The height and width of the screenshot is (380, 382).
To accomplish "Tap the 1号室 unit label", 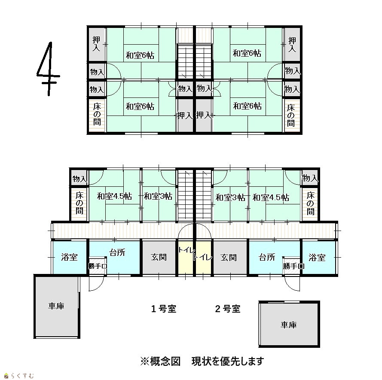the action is [x=163, y=309].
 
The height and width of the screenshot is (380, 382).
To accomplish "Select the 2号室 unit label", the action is [x=228, y=309].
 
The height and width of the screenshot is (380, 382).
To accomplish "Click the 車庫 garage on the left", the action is [x=57, y=306].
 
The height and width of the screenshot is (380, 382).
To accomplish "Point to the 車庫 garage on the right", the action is [x=289, y=324].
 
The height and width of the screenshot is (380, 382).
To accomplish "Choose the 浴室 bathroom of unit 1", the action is [x=70, y=257].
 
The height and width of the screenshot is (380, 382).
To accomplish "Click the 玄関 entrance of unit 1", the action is [x=159, y=257].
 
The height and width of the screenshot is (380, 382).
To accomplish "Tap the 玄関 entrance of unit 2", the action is [x=229, y=257].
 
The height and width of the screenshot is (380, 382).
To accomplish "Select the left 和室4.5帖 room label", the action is [x=114, y=196].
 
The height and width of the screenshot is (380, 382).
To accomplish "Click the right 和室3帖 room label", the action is [x=230, y=198].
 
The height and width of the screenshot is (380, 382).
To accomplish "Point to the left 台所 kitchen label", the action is [x=117, y=252].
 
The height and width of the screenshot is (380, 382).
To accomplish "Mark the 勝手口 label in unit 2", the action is [x=293, y=266].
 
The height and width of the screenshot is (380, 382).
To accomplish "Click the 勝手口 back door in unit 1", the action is [x=98, y=266].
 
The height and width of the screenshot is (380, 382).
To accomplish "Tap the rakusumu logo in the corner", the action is [x=19, y=376].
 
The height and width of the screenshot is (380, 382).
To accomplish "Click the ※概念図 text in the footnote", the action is [x=160, y=361].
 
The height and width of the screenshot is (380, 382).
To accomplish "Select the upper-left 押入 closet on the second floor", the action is [x=97, y=44].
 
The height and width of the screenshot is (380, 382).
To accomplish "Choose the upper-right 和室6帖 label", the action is [x=247, y=53].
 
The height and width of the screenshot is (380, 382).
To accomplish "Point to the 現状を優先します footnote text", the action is [x=228, y=361].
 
